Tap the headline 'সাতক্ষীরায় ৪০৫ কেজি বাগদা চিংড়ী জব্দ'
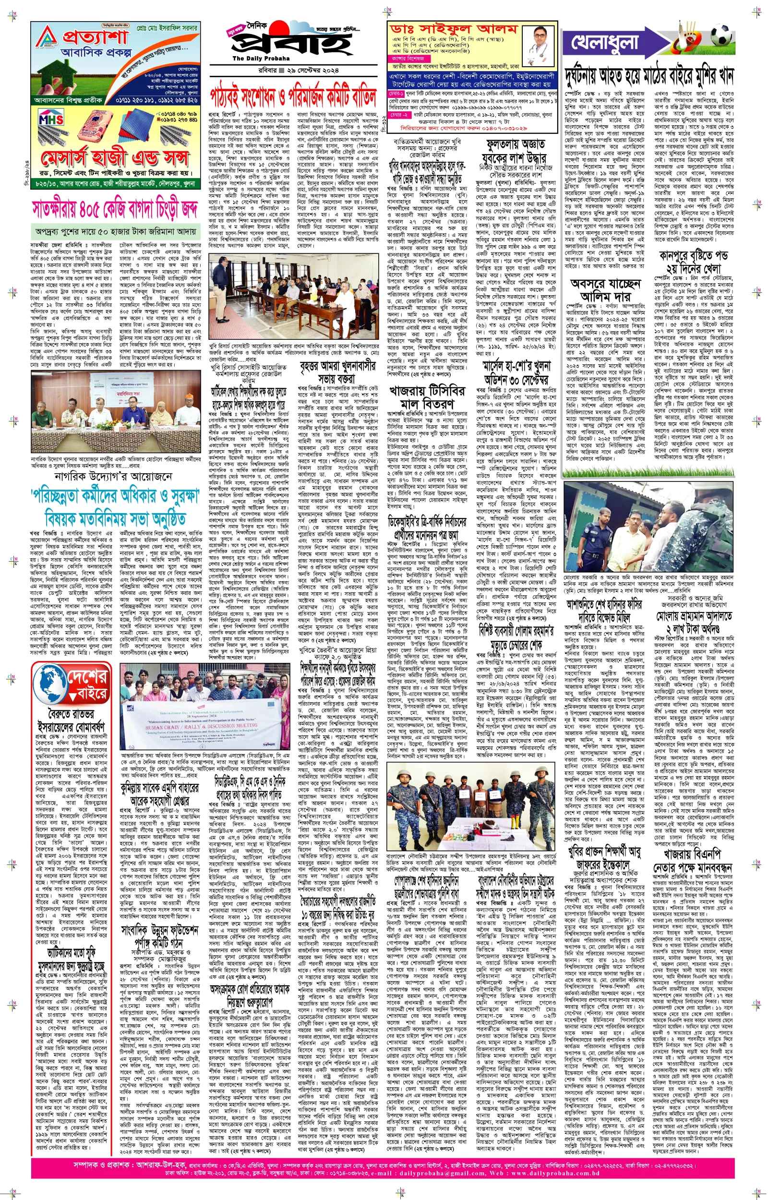[115, 210]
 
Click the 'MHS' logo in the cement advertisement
[51, 120]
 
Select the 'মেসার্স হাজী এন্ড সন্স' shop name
[115, 158]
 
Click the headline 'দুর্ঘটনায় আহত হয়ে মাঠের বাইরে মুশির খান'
[649, 77]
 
